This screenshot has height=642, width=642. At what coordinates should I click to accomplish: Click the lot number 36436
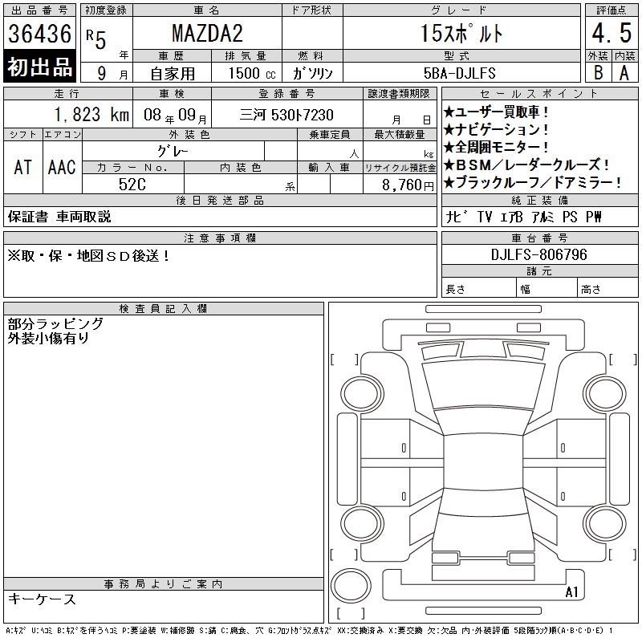click(x=39, y=33)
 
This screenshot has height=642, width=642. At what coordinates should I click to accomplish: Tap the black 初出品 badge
click(x=39, y=66)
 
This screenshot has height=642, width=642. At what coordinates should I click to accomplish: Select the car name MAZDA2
click(x=207, y=33)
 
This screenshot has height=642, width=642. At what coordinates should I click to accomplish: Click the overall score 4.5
click(x=612, y=33)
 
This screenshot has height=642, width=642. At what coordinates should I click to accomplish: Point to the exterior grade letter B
click(x=598, y=72)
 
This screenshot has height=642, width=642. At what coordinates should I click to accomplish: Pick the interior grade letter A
click(x=624, y=73)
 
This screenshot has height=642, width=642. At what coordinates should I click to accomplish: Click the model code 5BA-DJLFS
click(x=459, y=73)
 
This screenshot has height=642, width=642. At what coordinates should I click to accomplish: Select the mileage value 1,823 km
click(x=91, y=114)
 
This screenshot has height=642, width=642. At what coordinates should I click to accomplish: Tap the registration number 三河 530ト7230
click(x=286, y=115)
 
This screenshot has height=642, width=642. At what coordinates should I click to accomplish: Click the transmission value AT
click(x=23, y=167)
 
